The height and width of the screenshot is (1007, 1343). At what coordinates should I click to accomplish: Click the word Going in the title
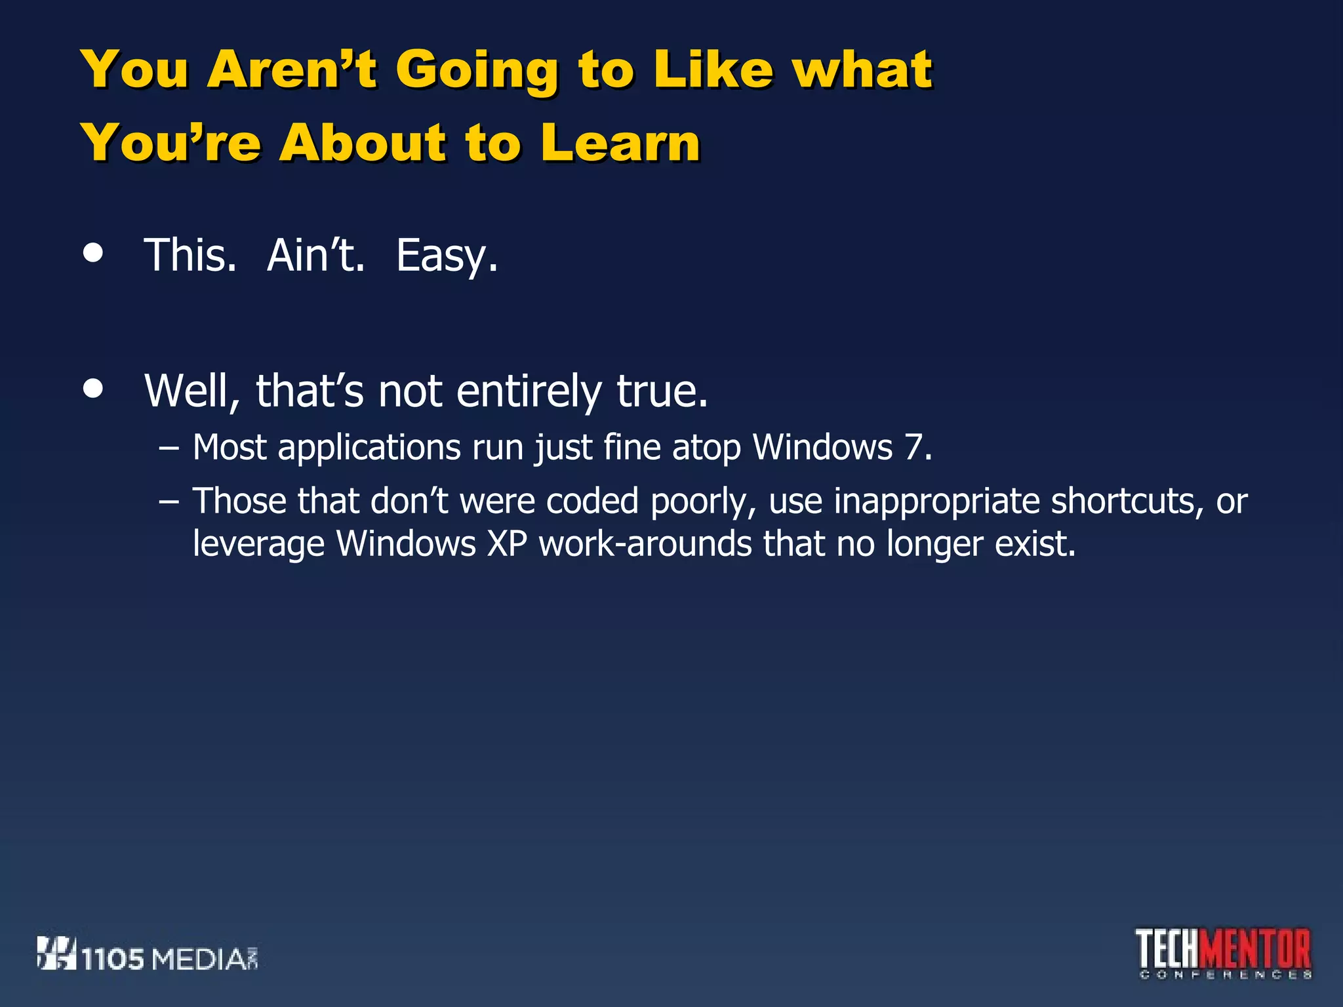[477, 71]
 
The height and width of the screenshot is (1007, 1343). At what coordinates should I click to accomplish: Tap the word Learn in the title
[620, 142]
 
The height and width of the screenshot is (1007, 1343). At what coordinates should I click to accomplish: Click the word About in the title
[362, 142]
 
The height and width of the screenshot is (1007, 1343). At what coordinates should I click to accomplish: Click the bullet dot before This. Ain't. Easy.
[94, 254]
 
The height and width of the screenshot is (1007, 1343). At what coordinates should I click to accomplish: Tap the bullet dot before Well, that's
[94, 389]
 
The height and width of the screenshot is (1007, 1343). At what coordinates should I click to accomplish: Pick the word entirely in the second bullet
[528, 391]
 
